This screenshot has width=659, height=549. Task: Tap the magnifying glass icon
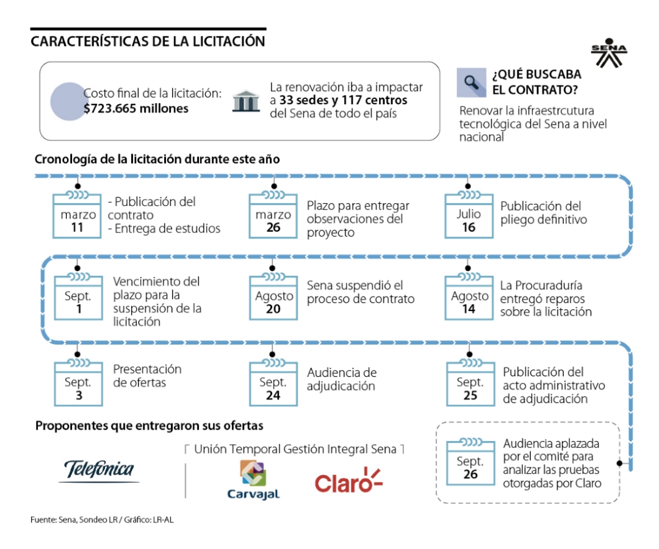(471, 82)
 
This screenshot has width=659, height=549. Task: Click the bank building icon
(245, 101)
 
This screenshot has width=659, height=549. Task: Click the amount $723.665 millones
(136, 109)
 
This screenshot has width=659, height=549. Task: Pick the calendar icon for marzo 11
(77, 215)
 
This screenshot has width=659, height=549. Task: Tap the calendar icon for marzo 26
(273, 215)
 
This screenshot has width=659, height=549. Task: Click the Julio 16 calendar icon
(469, 215)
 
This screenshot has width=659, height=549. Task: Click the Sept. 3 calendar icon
(77, 383)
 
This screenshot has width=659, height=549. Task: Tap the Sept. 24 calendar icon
(273, 383)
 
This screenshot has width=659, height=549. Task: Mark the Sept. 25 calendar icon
(470, 383)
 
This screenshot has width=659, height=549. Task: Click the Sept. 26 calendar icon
(470, 462)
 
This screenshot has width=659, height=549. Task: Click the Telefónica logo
(99, 470)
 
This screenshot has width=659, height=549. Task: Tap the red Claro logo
(348, 480)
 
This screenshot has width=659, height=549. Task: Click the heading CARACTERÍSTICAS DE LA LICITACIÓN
(148, 41)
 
